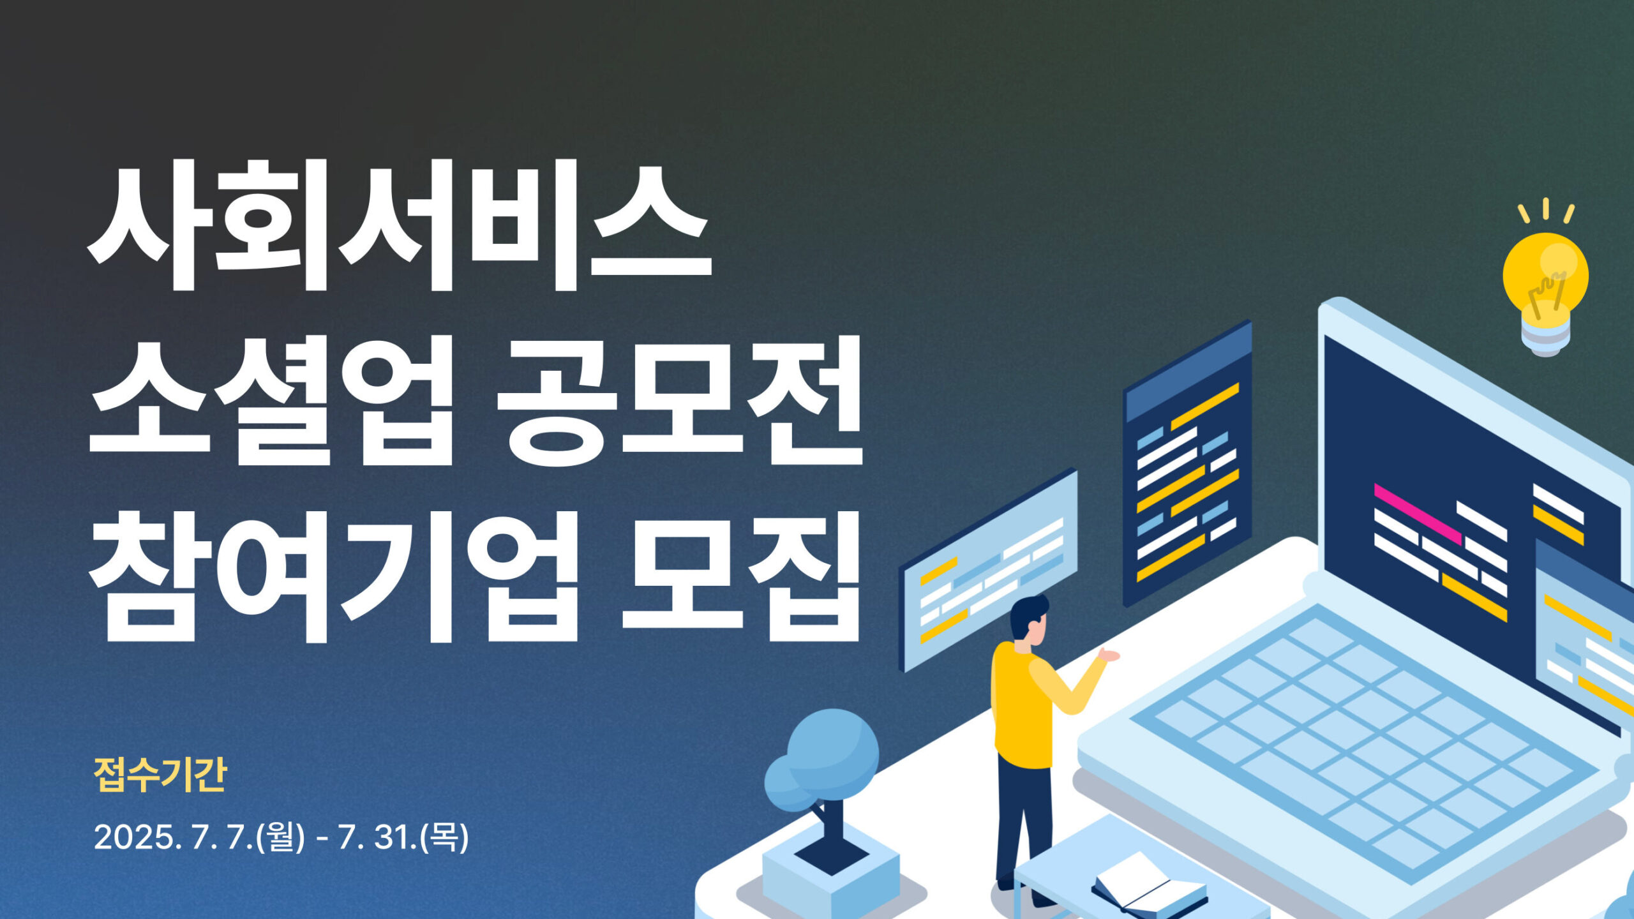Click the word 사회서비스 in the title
[399, 225]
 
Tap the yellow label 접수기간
[160, 775]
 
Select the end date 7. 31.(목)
[403, 837]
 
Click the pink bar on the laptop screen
[1418, 514]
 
